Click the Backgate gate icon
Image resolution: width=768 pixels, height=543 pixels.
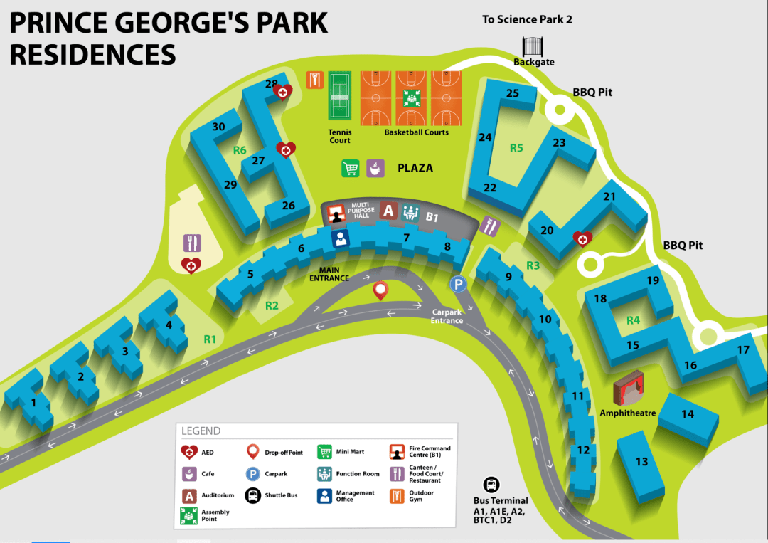click(533, 46)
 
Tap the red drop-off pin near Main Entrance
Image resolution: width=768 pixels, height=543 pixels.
click(380, 290)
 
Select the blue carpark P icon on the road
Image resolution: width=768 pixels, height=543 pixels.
click(459, 285)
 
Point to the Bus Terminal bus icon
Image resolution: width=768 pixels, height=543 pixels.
click(491, 485)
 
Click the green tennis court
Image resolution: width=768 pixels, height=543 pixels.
click(340, 96)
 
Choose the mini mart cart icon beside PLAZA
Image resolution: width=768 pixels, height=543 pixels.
click(351, 168)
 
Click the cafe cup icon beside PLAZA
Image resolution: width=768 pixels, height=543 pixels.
click(375, 168)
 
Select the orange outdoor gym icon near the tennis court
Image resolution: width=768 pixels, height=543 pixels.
click(315, 79)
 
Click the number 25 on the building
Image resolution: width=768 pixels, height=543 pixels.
click(513, 93)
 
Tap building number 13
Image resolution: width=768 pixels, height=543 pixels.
click(641, 461)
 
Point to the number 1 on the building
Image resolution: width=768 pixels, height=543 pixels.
click(33, 404)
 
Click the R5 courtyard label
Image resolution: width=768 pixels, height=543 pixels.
click(516, 148)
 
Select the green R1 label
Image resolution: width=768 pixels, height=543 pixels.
click(210, 339)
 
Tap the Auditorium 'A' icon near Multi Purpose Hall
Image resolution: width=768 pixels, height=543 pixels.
click(388, 210)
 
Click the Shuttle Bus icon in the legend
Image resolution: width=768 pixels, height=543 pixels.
click(252, 495)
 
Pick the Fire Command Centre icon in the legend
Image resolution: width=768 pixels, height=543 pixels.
click(397, 452)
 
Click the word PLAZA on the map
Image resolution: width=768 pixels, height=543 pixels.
click(415, 169)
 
